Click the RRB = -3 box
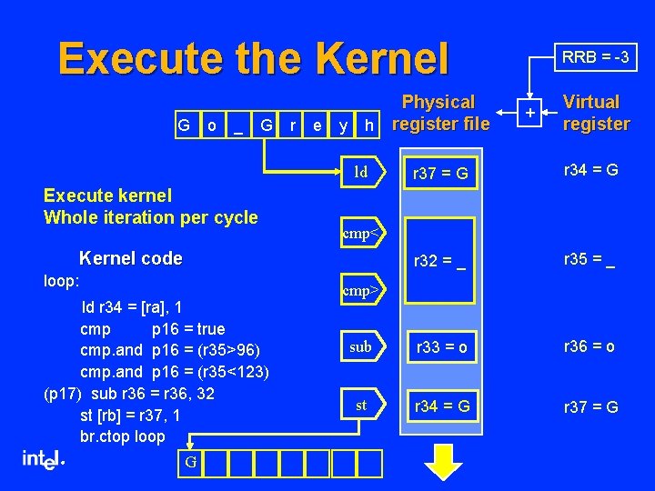[596, 57]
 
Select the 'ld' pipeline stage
[362, 172]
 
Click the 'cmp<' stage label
[362, 233]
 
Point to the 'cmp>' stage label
[362, 291]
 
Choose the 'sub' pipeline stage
[362, 347]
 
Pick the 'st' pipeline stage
[362, 406]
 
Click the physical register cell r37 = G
[440, 173]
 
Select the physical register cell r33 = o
[441, 347]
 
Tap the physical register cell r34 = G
[441, 406]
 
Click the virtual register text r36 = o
[589, 346]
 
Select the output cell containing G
[190, 463]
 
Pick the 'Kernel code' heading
[131, 258]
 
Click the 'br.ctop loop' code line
[123, 436]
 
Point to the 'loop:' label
[62, 281]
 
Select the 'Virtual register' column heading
[596, 113]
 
